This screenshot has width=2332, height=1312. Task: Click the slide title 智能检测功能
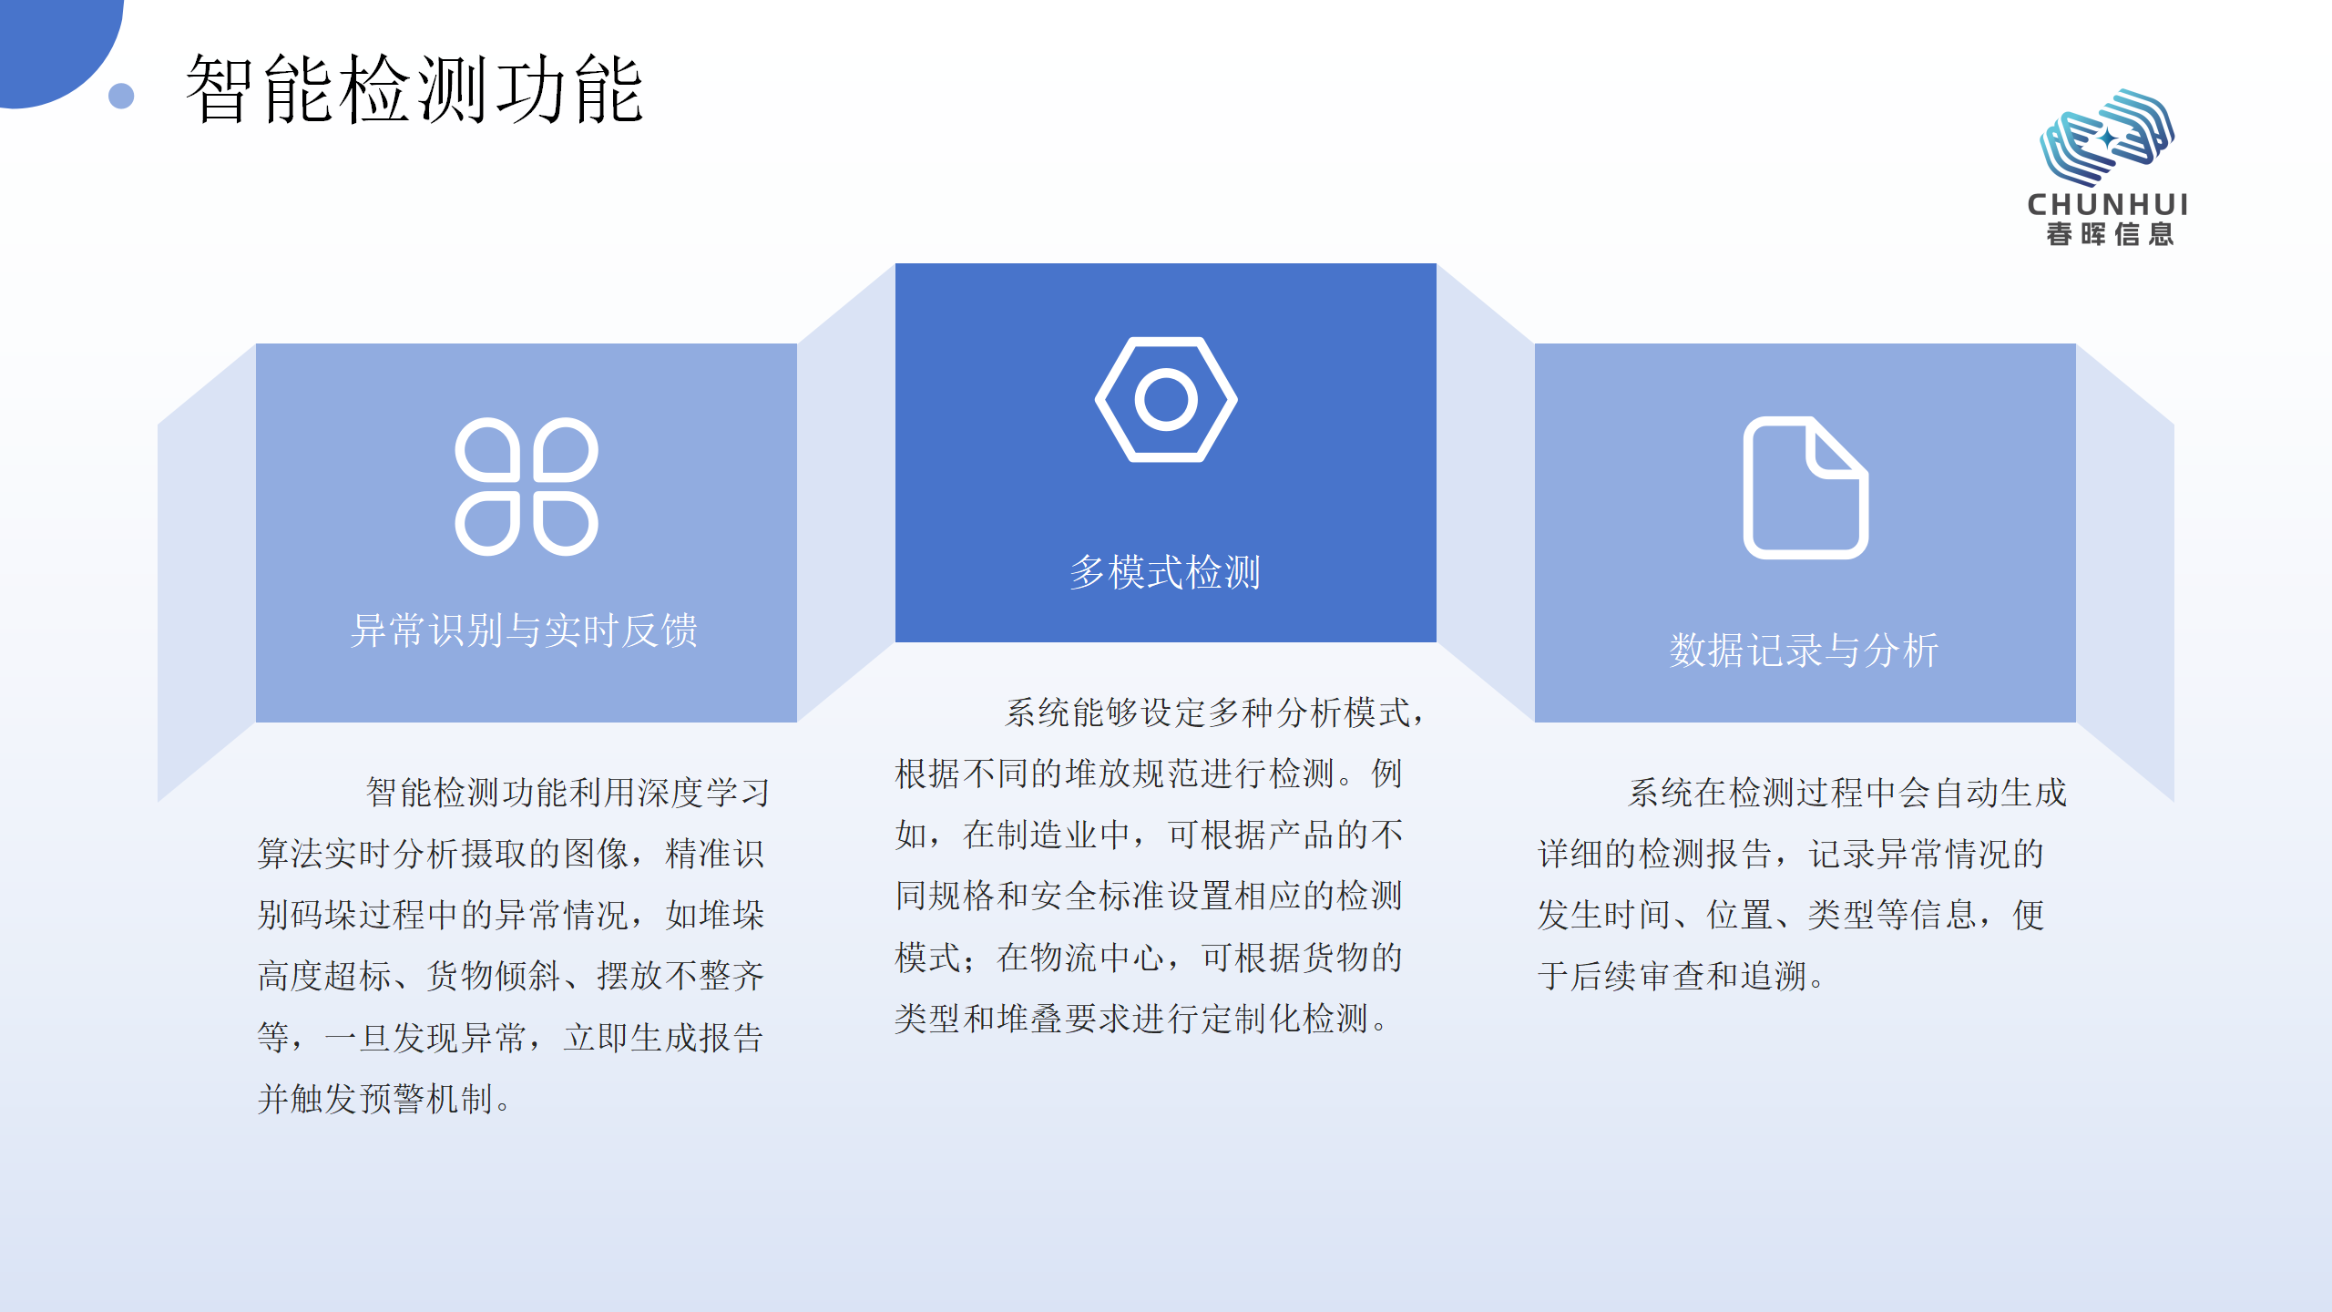click(414, 89)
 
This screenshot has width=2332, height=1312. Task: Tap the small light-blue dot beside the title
click(121, 96)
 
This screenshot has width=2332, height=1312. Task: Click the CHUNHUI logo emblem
click(2106, 137)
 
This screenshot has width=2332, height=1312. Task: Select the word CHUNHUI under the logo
click(2107, 204)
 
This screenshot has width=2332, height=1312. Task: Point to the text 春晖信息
click(2110, 234)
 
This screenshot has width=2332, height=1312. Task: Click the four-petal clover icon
click(527, 487)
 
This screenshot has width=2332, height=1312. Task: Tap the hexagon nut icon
click(1166, 399)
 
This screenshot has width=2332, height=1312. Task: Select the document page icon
click(1805, 487)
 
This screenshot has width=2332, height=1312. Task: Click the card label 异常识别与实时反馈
click(525, 630)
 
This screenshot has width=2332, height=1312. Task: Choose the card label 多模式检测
click(1165, 572)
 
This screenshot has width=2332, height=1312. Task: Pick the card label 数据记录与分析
click(1804, 651)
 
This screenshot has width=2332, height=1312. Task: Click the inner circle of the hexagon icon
click(1166, 399)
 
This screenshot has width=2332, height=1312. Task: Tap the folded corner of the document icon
click(1836, 449)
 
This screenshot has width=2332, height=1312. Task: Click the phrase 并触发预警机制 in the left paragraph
click(375, 1099)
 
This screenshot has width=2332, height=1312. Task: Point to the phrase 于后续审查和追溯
click(1672, 976)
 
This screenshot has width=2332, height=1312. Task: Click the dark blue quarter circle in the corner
click(50, 41)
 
